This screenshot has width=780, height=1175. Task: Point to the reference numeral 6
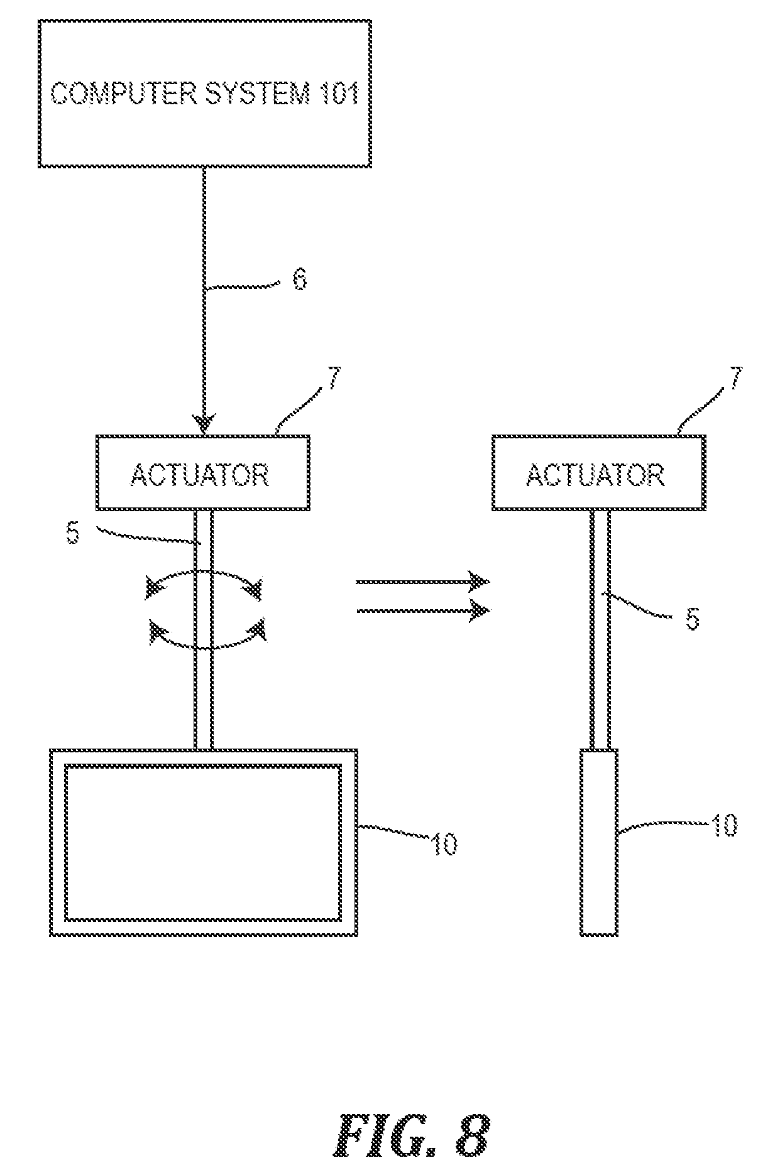coord(300,279)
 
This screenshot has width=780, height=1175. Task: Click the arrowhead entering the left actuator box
coord(204,424)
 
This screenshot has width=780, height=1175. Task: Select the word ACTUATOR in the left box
coord(200,475)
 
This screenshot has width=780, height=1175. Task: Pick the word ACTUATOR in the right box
coord(595,475)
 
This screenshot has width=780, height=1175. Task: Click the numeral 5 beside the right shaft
coord(691,619)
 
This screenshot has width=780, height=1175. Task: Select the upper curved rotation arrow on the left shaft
coord(204,582)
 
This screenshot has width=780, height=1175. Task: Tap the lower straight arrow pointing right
coord(423,610)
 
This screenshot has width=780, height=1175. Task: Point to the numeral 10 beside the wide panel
coord(444,845)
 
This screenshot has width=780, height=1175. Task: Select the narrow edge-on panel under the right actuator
coord(599,842)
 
